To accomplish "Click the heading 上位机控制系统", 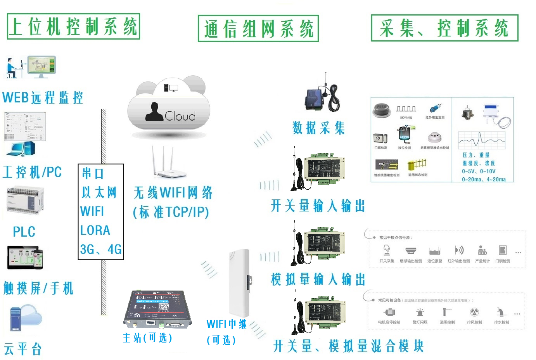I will (x=73, y=27).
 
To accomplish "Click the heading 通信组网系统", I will (x=258, y=29).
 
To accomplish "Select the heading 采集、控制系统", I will (x=444, y=28).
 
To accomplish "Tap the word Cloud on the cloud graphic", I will (x=180, y=116).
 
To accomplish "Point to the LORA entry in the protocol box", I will (x=95, y=230).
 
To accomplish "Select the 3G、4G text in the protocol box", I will (x=101, y=249).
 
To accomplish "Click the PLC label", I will (x=24, y=232).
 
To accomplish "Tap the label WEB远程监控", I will (x=43, y=98).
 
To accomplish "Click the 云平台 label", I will (x=22, y=349).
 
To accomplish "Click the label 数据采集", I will (x=318, y=128).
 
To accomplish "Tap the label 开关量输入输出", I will (x=318, y=206).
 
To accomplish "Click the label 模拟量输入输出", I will (x=318, y=279).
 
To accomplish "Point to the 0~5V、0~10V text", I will (x=479, y=171).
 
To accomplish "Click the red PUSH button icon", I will (x=382, y=110).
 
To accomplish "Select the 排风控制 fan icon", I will (x=474, y=312).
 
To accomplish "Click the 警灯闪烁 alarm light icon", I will (x=420, y=313).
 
